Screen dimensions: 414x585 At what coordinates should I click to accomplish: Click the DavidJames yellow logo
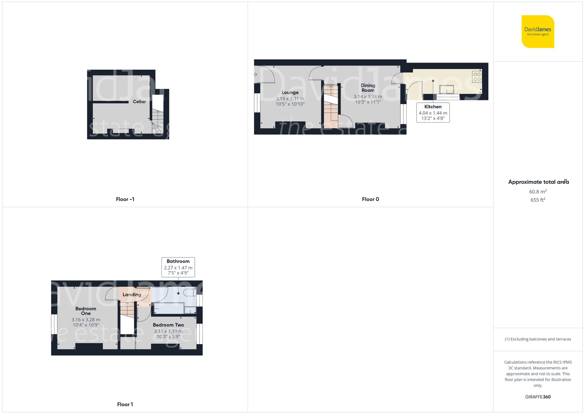pyautogui.click(x=538, y=32)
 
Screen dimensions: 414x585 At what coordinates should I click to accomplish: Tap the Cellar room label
pyautogui.click(x=139, y=102)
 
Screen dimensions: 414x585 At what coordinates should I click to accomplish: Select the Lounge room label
pyautogui.click(x=290, y=92)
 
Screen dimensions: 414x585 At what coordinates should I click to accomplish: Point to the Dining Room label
pyautogui.click(x=368, y=88)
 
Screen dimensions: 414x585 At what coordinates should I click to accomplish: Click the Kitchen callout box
pyautogui.click(x=433, y=112)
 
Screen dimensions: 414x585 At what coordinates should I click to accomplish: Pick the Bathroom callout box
pyautogui.click(x=178, y=267)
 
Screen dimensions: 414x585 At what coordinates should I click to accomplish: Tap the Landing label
pyautogui.click(x=132, y=295)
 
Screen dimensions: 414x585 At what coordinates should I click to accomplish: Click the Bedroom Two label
pyautogui.click(x=168, y=325)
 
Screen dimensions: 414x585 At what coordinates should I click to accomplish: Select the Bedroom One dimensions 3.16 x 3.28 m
pyautogui.click(x=86, y=320)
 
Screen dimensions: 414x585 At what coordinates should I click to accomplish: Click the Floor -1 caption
pyautogui.click(x=125, y=199)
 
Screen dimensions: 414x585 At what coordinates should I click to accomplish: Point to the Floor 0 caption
pyautogui.click(x=370, y=199)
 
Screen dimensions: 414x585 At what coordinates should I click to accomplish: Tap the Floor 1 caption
pyautogui.click(x=125, y=404)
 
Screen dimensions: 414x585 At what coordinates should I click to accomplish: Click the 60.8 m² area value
pyautogui.click(x=538, y=192)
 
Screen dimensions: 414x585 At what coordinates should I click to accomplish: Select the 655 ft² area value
pyautogui.click(x=538, y=200)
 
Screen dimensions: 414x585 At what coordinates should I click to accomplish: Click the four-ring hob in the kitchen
pyautogui.click(x=477, y=77)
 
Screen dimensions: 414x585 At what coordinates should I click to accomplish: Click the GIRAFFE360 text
pyautogui.click(x=538, y=397)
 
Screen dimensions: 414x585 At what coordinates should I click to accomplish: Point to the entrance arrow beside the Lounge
pyautogui.click(x=255, y=74)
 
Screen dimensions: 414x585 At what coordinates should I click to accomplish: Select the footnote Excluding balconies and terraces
pyautogui.click(x=538, y=339)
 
